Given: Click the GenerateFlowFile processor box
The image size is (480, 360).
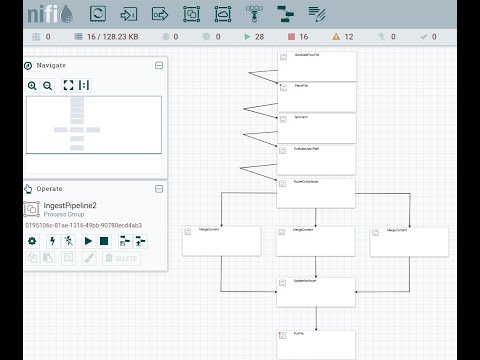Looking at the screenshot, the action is point(316,64).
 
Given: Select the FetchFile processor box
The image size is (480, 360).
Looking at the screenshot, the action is point(316,96).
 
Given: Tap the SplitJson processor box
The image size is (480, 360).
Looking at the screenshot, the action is point(316,128).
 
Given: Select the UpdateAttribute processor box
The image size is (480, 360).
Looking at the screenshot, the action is point(316,291).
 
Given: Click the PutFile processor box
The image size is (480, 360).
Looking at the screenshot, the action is point(316,344).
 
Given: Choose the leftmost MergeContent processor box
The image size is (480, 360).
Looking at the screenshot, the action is point(221,241).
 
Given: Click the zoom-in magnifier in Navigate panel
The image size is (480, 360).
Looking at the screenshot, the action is point(33,85).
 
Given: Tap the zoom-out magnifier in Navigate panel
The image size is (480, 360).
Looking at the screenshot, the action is point(47,85).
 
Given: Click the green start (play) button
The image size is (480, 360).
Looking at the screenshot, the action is point(88,241).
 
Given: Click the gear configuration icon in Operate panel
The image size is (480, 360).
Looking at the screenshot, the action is point(32,241).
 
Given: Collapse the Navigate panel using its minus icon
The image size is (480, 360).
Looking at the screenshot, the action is point(158,65).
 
